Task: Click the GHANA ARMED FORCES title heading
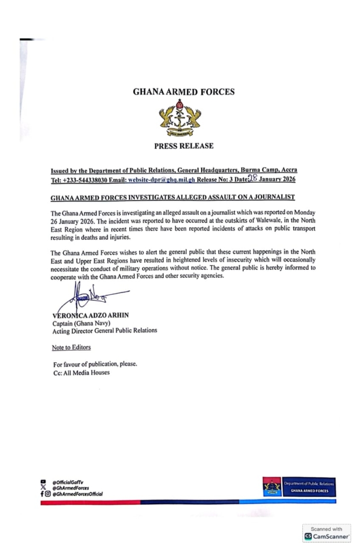[183, 92]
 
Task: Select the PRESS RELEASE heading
[183, 146]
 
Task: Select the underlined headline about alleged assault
[172, 197]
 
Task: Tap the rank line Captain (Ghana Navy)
[82, 323]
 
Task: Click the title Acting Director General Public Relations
[104, 330]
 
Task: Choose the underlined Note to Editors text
[71, 347]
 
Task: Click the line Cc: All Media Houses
[81, 372]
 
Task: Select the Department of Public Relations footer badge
[299, 487]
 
